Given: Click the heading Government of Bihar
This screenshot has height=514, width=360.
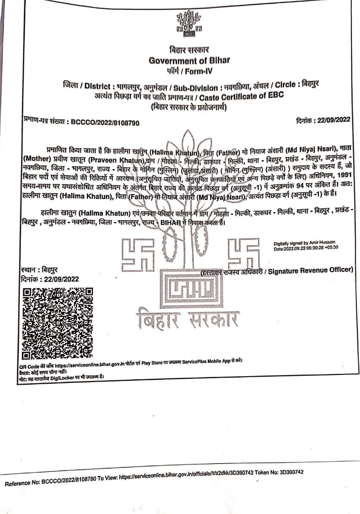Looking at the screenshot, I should (x=189, y=60).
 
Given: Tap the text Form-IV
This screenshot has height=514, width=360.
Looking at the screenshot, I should (x=199, y=71).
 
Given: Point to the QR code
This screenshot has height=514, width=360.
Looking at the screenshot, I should (x=57, y=323).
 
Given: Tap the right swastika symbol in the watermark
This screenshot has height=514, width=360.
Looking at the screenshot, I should (x=244, y=253).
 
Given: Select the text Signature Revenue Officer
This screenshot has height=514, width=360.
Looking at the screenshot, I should (x=311, y=271).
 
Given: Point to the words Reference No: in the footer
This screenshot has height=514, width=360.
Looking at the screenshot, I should (x=22, y=483).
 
